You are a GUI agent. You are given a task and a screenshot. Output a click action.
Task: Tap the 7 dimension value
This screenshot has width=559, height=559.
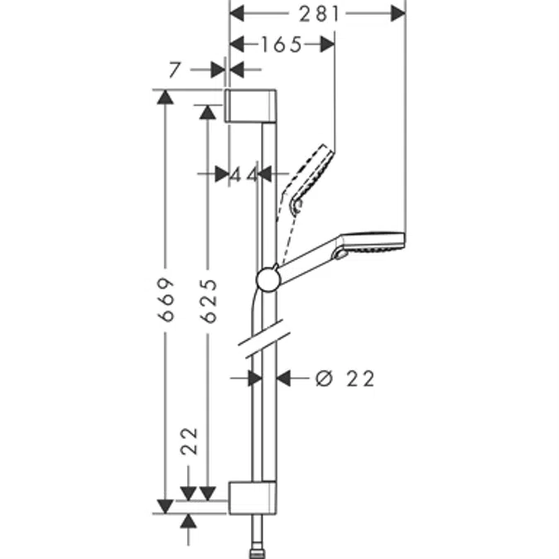coord(173,70)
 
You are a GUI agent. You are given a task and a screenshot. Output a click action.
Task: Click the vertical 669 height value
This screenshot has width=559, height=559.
coord(166,298)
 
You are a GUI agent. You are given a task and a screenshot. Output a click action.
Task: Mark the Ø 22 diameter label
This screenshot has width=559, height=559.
coord(345,378)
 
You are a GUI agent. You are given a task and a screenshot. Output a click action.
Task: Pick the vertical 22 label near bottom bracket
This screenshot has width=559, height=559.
coord(189,442)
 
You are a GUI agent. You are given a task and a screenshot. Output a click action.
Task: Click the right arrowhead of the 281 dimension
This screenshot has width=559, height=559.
coord(398,12)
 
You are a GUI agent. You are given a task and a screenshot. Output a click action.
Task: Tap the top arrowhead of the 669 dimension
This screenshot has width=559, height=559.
coord(166,98)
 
